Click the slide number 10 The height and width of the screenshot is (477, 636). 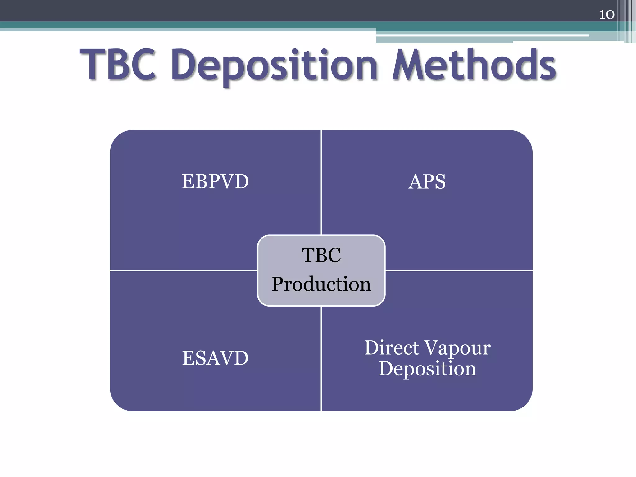pos(606,15)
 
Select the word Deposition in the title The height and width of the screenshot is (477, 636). pos(275,66)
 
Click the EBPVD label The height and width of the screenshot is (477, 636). pos(215,181)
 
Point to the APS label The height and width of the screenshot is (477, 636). pos(427,181)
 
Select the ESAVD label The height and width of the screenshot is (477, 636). pos(215,358)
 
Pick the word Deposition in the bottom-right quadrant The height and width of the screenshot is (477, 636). pos(427,369)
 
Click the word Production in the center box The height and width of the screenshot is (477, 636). pos(321,284)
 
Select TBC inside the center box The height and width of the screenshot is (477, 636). pos(321,255)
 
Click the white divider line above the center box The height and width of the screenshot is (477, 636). pos(321,186)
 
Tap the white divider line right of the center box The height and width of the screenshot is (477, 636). pos(460,270)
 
